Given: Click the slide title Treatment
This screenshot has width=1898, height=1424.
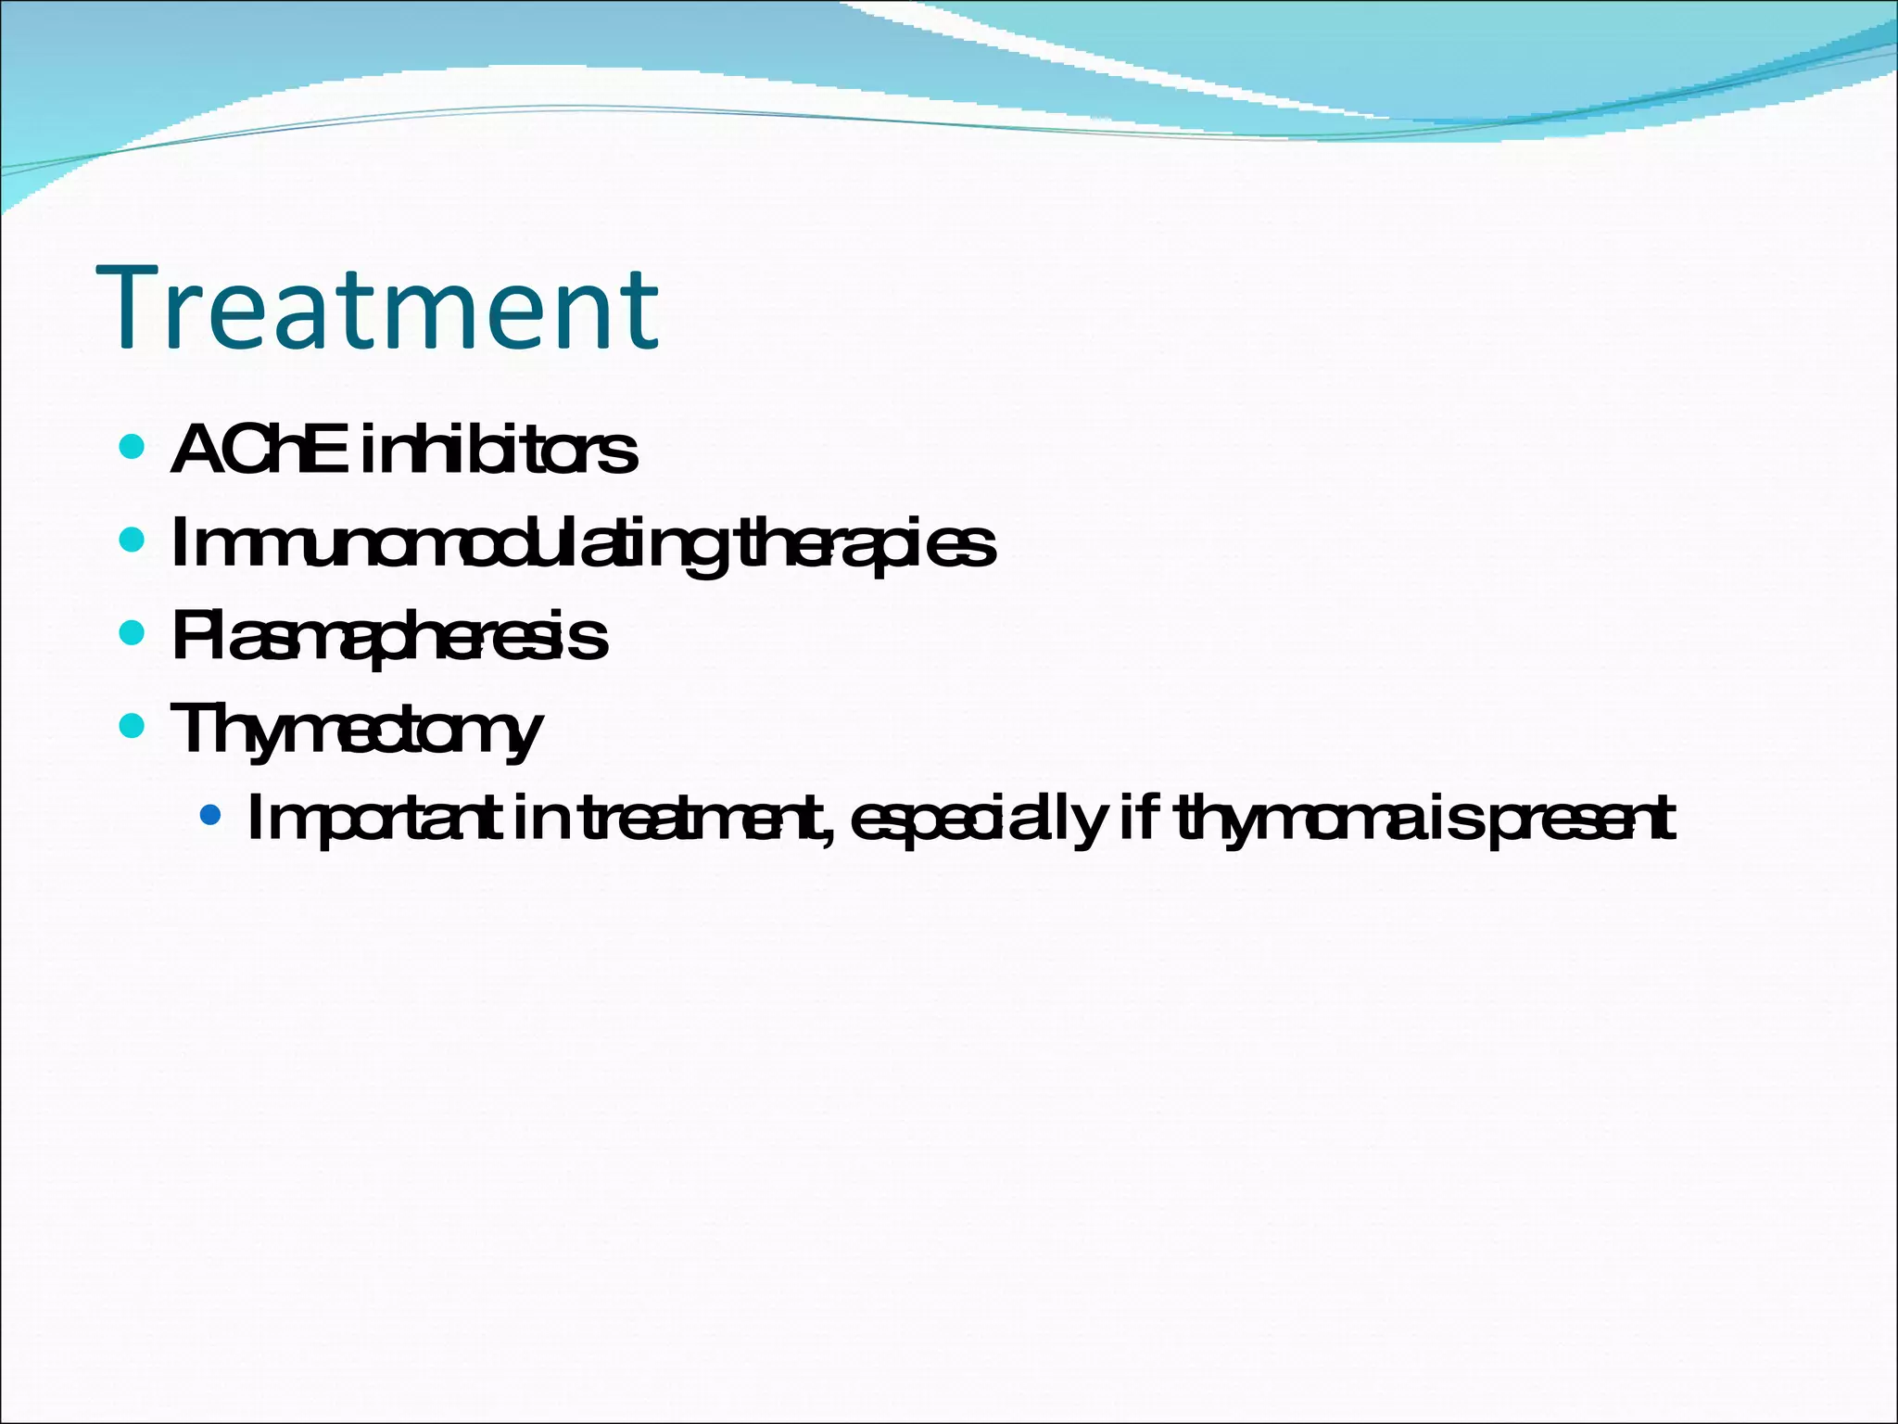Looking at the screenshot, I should (377, 308).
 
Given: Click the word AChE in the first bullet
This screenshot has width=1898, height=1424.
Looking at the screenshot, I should (259, 451).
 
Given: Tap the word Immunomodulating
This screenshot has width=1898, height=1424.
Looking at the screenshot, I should (449, 545).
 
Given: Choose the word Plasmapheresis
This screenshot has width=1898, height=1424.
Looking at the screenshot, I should (389, 638).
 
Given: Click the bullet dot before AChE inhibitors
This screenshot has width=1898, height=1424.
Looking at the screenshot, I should (133, 447).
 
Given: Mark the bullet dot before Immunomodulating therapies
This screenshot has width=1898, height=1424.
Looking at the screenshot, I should (133, 539).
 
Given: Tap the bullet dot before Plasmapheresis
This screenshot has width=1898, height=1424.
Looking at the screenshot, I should (133, 632).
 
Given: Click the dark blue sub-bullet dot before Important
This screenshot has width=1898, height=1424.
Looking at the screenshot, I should (211, 815).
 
